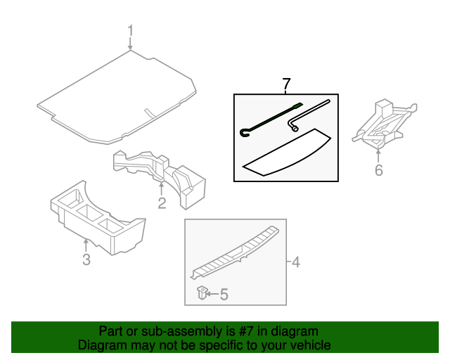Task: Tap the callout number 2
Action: [x=162, y=204]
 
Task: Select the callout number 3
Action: [x=86, y=261]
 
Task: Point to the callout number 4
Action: [x=296, y=263]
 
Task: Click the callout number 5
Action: [x=224, y=295]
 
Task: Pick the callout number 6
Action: [x=379, y=169]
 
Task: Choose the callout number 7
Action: [x=285, y=84]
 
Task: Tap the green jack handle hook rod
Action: [x=271, y=118]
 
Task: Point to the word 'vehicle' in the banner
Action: [x=309, y=345]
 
